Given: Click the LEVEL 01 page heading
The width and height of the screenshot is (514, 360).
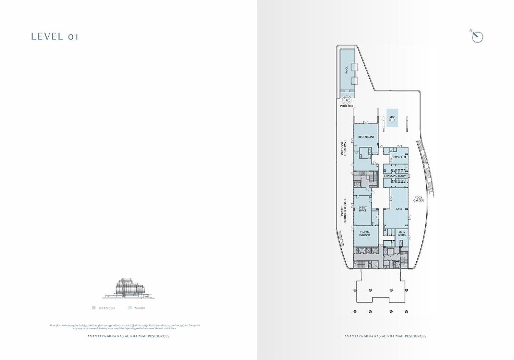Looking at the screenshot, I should point(55,37).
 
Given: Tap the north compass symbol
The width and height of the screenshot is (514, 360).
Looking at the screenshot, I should point(477,37).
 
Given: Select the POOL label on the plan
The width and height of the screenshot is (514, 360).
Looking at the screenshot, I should point(346,70).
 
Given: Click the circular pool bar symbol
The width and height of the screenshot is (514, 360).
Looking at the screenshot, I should point(347,100).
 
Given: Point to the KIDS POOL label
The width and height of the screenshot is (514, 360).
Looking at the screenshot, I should point(392,119).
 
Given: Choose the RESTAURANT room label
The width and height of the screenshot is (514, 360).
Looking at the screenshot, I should point(366,137).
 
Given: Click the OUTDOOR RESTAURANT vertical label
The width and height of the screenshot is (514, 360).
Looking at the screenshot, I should point(343,148).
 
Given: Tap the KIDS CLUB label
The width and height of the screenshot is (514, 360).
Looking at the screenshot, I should point(399,157).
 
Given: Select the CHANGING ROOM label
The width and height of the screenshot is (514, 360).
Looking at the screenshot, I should point(395,176).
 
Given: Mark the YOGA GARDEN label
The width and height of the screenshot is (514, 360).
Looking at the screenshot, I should point(418,199).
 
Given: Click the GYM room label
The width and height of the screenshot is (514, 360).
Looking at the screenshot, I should point(399,209).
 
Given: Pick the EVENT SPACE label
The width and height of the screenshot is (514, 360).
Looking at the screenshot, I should point(363,209).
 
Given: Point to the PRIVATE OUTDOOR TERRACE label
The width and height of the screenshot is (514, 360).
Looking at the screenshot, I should point(344,211).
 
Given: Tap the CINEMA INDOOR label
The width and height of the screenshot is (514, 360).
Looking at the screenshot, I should point(365,234).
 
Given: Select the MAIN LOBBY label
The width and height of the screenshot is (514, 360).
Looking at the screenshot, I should point(402,234).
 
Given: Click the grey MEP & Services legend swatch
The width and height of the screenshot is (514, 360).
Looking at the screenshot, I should point(94,308).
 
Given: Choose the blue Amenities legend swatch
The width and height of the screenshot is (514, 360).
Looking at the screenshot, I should point(130,308).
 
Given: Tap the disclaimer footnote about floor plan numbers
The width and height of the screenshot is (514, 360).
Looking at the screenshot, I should point(125,327).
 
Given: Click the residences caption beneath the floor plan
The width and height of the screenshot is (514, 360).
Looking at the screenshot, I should point(385,336).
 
